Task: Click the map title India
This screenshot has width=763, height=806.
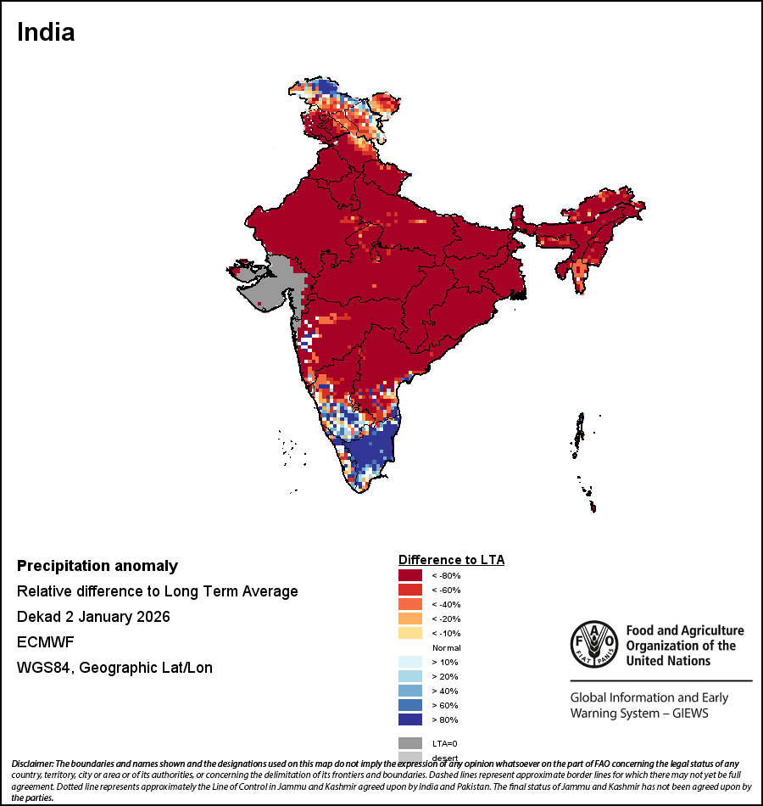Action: pyautogui.click(x=46, y=32)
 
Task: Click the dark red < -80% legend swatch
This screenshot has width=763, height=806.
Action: pyautogui.click(x=410, y=575)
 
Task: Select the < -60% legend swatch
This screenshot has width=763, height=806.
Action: pyautogui.click(x=410, y=590)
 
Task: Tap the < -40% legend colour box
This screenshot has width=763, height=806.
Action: pyautogui.click(x=410, y=604)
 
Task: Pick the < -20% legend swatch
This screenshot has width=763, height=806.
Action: pyautogui.click(x=410, y=618)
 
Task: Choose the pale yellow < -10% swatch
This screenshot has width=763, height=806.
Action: pyautogui.click(x=410, y=633)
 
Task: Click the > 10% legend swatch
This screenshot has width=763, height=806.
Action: pyautogui.click(x=410, y=662)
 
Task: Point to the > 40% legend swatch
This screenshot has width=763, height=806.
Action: pyautogui.click(x=410, y=691)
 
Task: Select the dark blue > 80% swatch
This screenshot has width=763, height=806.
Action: pyautogui.click(x=410, y=719)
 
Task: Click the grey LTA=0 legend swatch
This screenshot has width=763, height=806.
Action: pyautogui.click(x=410, y=742)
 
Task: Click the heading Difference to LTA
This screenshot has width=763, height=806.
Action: pyautogui.click(x=451, y=560)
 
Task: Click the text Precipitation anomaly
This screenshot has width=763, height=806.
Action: pyautogui.click(x=97, y=566)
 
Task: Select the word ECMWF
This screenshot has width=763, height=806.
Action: pyautogui.click(x=45, y=642)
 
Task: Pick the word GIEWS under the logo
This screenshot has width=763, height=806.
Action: pyautogui.click(x=687, y=713)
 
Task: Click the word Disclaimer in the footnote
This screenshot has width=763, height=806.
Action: pyautogui.click(x=32, y=764)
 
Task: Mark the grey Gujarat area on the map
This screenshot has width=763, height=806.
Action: pyautogui.click(x=271, y=284)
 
